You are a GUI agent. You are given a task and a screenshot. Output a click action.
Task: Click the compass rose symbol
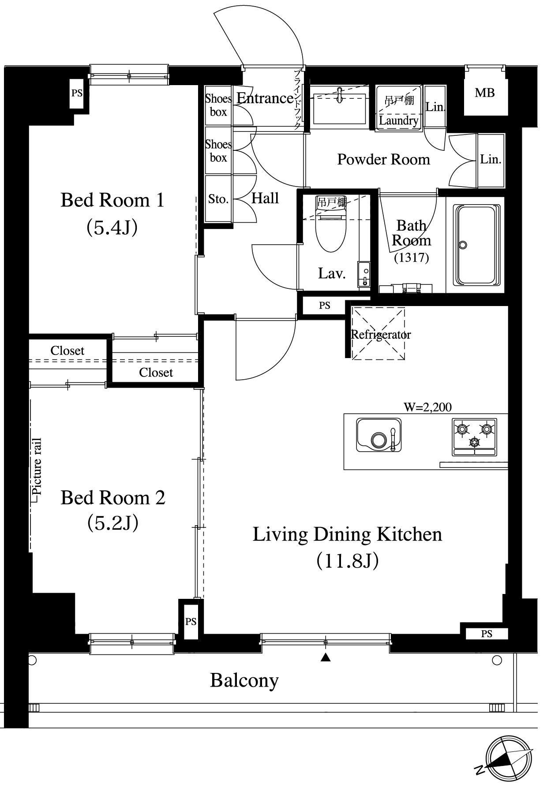pos(508,758)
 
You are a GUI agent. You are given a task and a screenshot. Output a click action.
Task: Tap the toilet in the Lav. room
pos(331,232)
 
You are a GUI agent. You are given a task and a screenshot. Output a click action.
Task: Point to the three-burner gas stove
pos(474,437)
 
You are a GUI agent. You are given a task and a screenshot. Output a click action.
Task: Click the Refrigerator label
pos(381,334)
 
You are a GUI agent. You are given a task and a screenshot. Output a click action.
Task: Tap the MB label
pos(484,93)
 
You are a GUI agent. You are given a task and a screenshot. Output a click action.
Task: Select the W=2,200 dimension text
pos(428,407)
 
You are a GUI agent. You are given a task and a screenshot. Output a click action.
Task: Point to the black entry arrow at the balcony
pos(326,658)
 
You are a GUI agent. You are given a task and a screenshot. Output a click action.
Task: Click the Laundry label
pos(399,120)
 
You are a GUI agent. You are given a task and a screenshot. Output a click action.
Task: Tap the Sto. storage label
pos(218,199)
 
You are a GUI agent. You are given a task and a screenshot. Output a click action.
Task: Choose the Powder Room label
pos(383,159)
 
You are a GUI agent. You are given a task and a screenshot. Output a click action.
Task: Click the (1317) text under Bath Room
pos(411,257)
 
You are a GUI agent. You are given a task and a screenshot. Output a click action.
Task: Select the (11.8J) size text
pos(348,561)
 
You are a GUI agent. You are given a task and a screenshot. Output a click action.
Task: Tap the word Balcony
pos(244,680)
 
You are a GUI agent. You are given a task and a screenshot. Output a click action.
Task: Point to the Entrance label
pos(265,98)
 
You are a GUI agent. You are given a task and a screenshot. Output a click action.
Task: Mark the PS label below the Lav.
pos(325,305)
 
